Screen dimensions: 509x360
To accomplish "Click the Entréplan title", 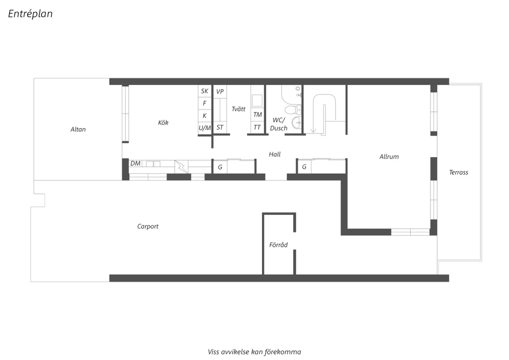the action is (30, 14).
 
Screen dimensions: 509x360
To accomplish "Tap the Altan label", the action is (78, 129).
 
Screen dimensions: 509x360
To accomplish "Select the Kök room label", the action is (163, 123).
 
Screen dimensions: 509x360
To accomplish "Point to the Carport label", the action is (148, 227).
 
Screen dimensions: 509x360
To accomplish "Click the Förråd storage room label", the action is (278, 245).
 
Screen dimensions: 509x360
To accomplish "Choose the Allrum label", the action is (389, 157).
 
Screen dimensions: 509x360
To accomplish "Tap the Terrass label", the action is (458, 173).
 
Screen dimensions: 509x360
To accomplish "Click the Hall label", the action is (275, 155).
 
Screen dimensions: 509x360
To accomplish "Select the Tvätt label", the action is (238, 109).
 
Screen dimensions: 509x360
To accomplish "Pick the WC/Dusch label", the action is (279, 124).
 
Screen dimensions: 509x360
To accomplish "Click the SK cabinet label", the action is (205, 91).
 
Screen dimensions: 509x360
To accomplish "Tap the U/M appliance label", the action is (205, 128).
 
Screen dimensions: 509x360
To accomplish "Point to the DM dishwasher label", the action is (135, 163).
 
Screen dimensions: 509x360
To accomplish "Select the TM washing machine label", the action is (258, 114).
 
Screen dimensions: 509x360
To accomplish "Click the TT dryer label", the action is (257, 127).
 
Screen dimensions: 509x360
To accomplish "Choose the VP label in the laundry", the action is (220, 92).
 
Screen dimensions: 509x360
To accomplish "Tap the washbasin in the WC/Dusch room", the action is (297, 122).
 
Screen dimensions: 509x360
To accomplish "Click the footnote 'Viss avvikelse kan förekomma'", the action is (254, 352).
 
